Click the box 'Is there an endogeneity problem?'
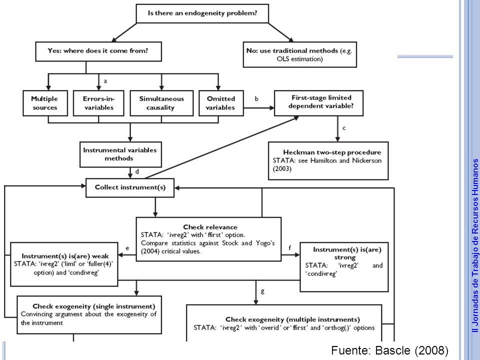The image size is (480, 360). click(x=202, y=13)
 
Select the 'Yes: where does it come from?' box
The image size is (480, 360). click(x=98, y=51)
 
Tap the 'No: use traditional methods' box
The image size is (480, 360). click(x=299, y=55)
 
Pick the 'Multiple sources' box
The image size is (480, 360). click(x=45, y=103)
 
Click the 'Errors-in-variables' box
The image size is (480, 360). click(x=98, y=103)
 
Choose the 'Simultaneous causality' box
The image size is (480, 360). click(x=161, y=103)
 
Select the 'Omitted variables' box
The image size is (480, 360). click(x=221, y=103)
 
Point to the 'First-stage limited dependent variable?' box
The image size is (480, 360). click(x=318, y=103)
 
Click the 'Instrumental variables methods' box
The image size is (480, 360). click(x=120, y=154)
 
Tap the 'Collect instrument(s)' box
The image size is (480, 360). click(x=130, y=187)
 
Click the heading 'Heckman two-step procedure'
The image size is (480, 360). click(x=332, y=152)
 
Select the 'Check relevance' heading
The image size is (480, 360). click(x=210, y=227)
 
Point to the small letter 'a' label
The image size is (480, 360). click(x=105, y=81)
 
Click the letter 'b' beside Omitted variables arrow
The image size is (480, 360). click(x=256, y=98)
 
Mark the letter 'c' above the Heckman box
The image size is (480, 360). click(x=344, y=128)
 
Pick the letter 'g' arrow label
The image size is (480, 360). click(x=262, y=291)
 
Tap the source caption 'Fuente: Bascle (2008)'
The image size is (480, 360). click(x=389, y=350)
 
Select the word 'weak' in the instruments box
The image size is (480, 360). click(x=100, y=256)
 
